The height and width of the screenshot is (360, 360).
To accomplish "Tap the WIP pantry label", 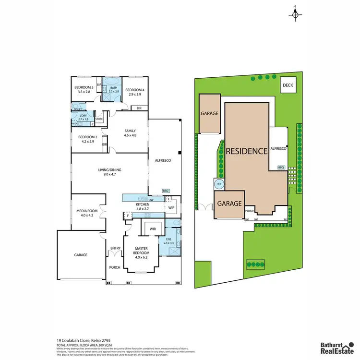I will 171,208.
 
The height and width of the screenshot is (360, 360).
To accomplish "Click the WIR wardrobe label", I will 153,229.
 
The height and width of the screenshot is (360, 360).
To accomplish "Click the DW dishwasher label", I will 151,200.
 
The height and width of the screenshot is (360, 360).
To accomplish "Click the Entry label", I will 115,248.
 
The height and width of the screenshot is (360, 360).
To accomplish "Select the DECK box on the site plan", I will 288,85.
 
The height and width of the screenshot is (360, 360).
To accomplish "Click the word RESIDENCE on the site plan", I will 247,151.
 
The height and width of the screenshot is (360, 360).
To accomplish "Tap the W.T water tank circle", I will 219,183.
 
